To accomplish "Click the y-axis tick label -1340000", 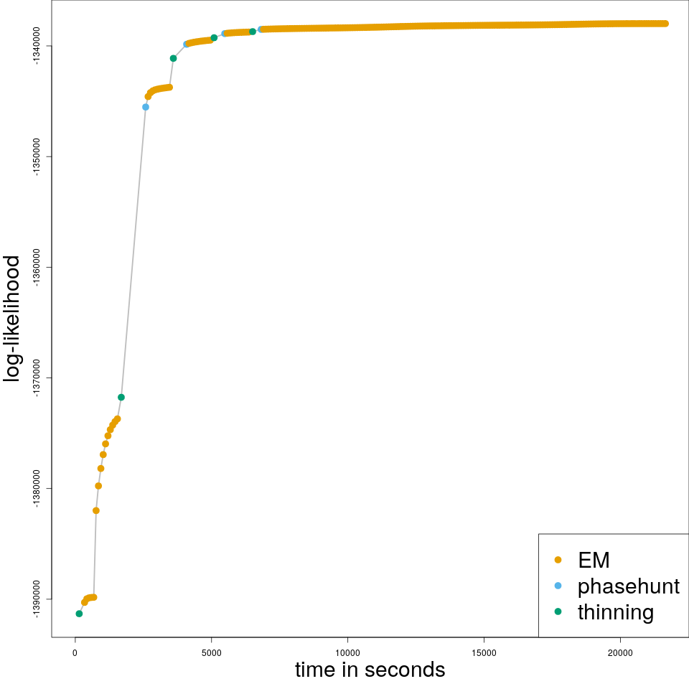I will coord(37,47).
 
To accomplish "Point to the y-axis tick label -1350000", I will coord(37,157).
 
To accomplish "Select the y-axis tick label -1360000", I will coord(37,268).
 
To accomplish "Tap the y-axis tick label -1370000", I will coord(37,378).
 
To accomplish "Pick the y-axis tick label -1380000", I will coord(37,489).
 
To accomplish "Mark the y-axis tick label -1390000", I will coord(37,599).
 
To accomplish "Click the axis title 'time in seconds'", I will coord(370,670).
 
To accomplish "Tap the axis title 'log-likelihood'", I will coord(13,318).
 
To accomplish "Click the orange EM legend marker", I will coord(558,560).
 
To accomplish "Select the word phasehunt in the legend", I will coord(628,586).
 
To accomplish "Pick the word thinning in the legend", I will coord(615,612).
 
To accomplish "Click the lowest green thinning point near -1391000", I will coord(79,614).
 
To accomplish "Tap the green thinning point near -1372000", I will coord(121,397).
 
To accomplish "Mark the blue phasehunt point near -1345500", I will coord(146,107).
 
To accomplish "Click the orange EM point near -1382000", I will coord(96,510).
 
